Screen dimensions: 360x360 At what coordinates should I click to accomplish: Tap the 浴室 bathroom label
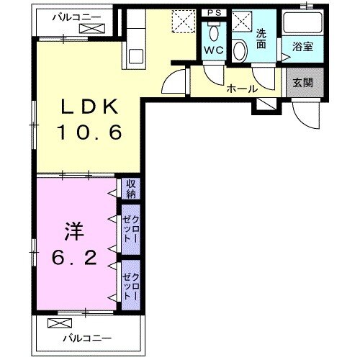pyautogui.click(x=301, y=48)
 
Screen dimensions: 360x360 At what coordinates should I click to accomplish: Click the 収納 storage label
pyautogui.click(x=130, y=189)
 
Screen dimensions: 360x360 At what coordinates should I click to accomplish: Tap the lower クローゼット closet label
pyautogui.click(x=130, y=283)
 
